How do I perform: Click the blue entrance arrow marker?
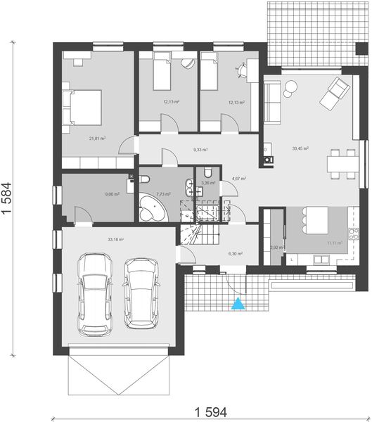(239, 304)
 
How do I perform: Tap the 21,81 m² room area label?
(97, 139)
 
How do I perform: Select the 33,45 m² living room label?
(300, 148)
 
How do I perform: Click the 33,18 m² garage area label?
(115, 240)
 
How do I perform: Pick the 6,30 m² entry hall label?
(235, 254)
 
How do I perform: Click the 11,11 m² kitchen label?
(334, 243)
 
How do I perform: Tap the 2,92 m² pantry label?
(276, 248)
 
